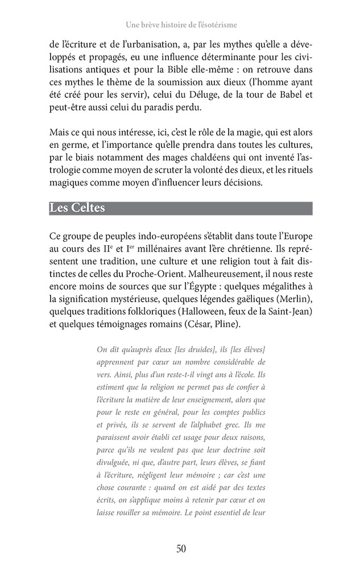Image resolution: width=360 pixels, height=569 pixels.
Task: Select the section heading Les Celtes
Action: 77,208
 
